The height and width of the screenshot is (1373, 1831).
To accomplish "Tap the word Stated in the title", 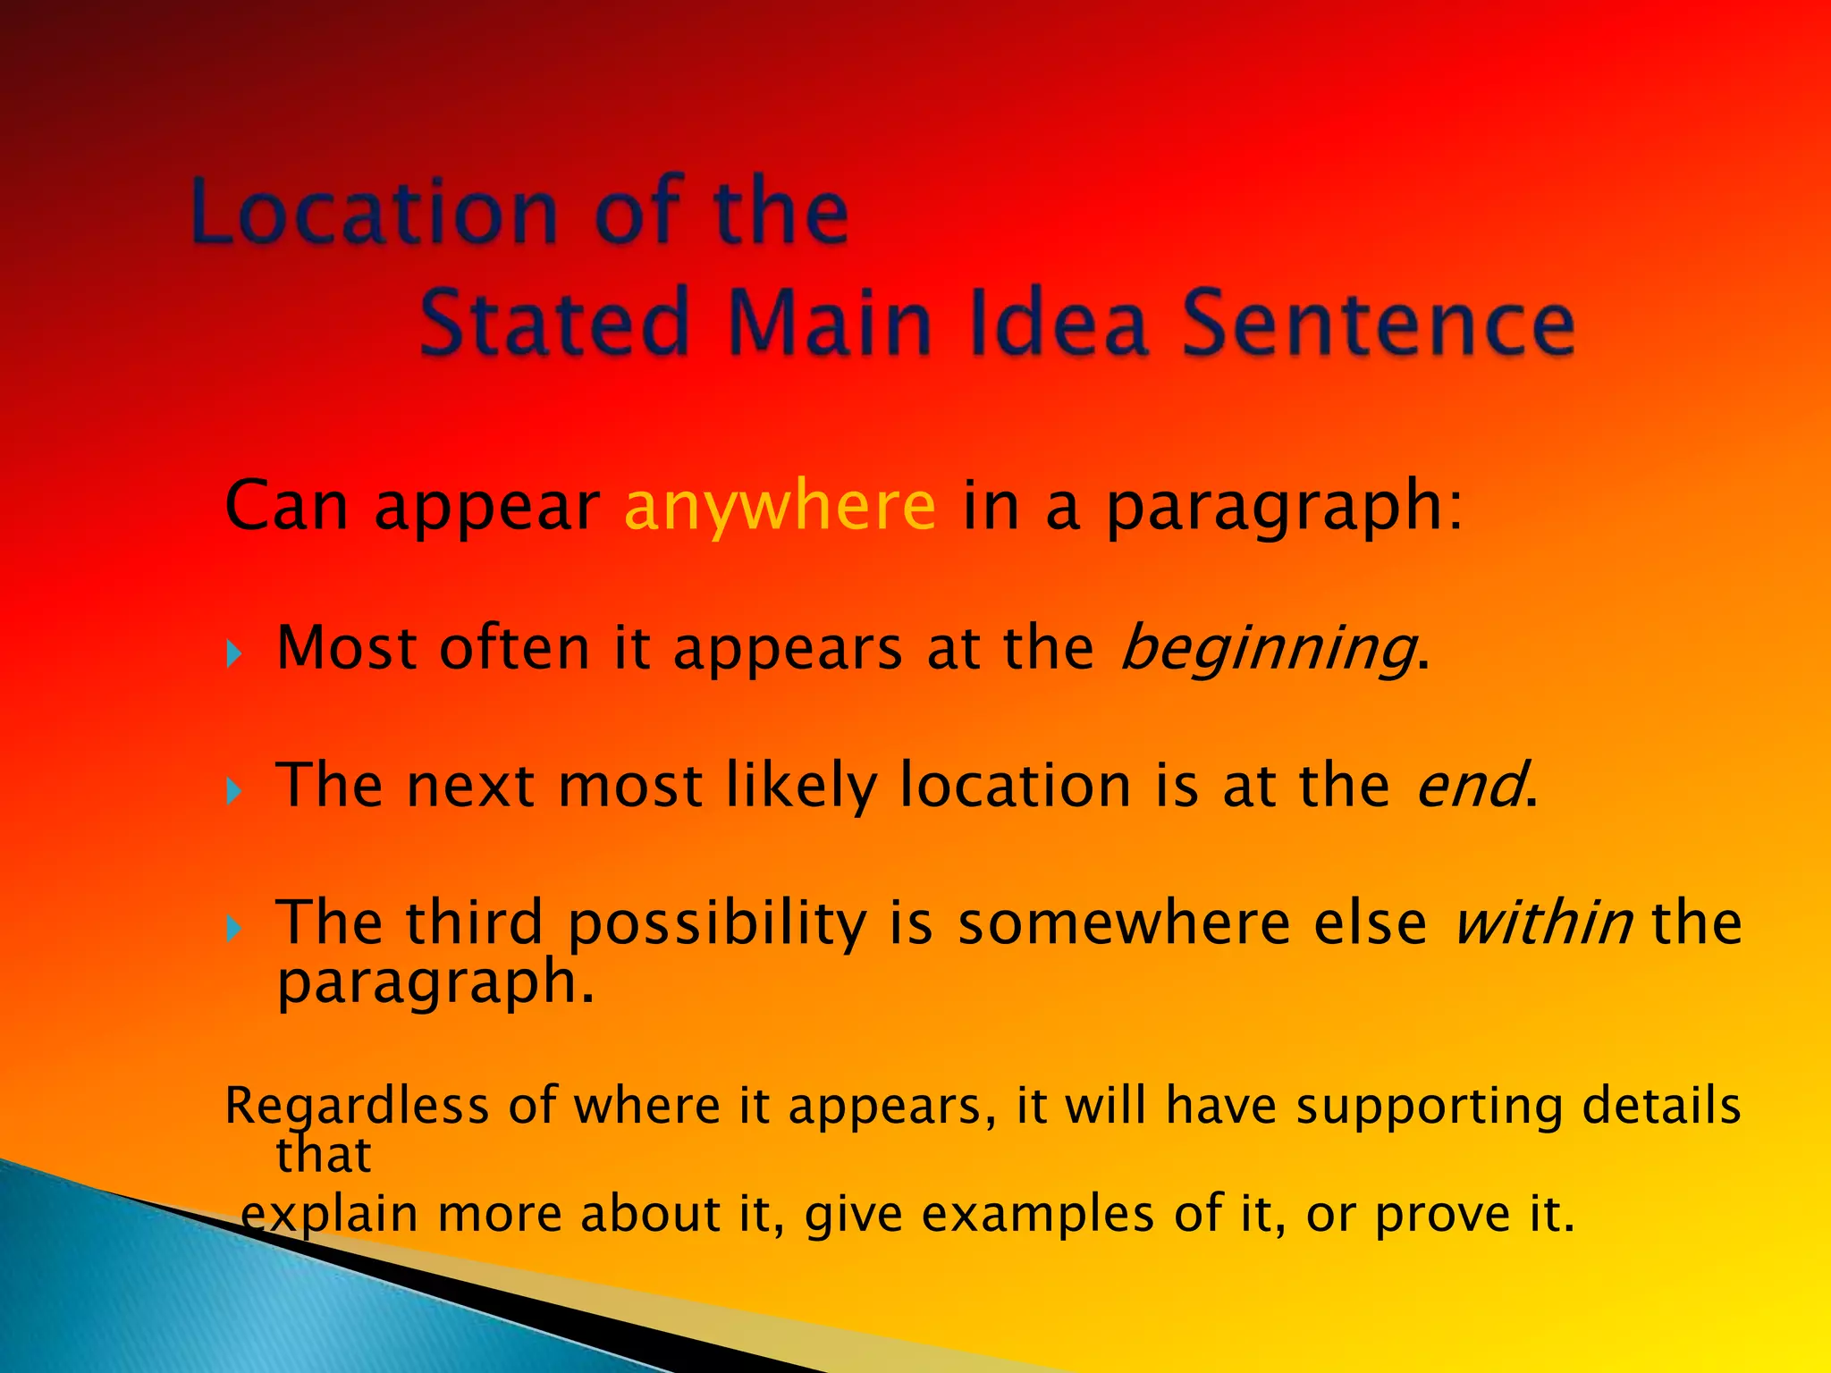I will point(554,322).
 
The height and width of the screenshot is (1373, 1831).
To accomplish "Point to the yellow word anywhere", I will point(780,506).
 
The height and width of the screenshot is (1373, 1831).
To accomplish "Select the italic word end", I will point(1471,785).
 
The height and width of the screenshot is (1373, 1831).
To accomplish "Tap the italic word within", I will point(1543,922).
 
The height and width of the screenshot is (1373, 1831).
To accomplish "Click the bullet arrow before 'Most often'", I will point(234,654).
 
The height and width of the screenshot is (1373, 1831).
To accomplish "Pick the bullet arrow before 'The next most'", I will point(234,791).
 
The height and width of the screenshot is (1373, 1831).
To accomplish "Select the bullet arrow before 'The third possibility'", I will point(234,929).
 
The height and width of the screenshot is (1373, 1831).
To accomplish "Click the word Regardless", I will point(357,1107).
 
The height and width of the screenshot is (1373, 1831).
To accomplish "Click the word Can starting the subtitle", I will point(286,506).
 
